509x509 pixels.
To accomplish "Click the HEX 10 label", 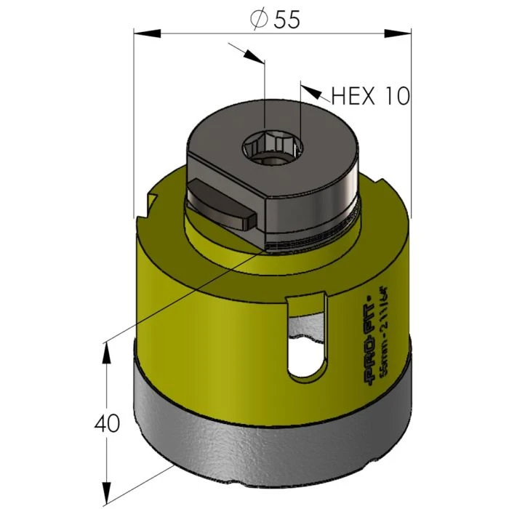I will click(370, 96).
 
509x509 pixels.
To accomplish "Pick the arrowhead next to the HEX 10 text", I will click(311, 91).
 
